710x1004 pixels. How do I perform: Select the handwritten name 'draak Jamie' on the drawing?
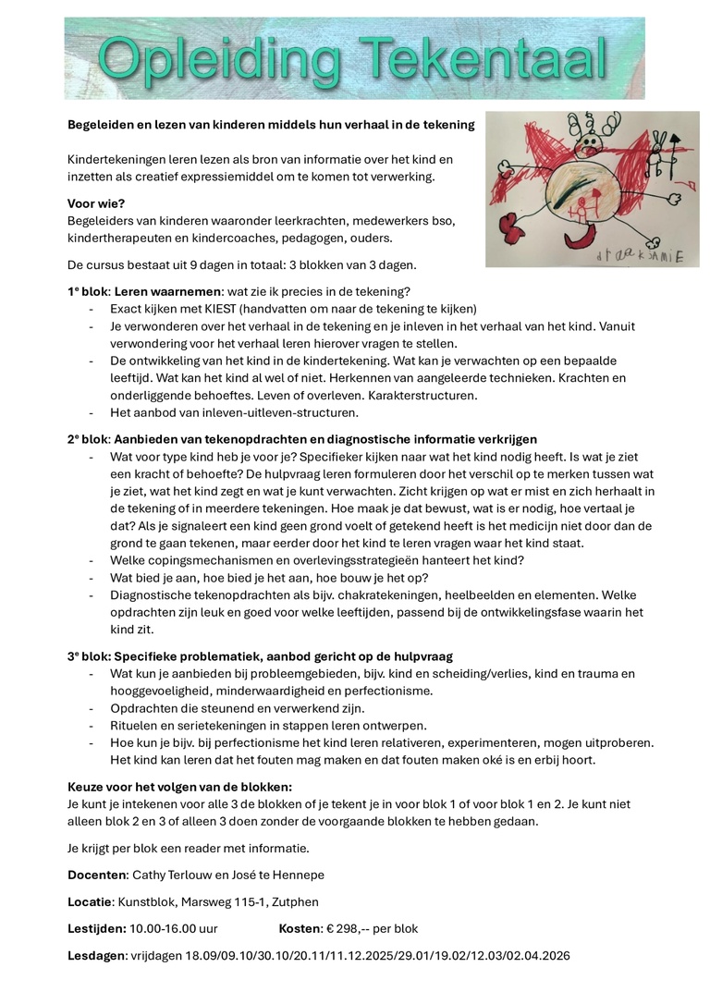pyautogui.click(x=639, y=256)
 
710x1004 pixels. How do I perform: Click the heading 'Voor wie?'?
pyautogui.click(x=95, y=203)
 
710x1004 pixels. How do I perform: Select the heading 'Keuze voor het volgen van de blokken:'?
pyautogui.click(x=179, y=787)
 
